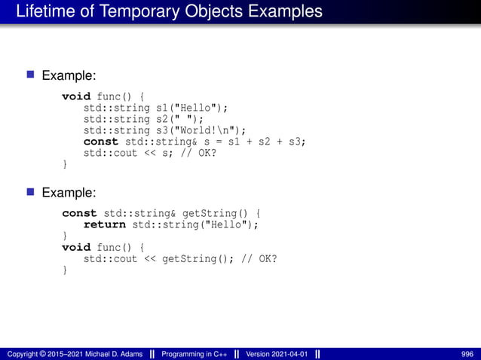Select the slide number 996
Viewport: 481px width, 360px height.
click(x=467, y=354)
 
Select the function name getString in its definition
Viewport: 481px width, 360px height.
click(x=215, y=213)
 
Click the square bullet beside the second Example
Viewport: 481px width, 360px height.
click(x=31, y=192)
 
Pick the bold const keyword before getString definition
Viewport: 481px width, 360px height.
click(x=79, y=213)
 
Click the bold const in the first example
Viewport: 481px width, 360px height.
click(x=100, y=141)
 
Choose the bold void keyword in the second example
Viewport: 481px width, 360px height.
click(x=75, y=247)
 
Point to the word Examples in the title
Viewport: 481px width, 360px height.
click(x=280, y=12)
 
